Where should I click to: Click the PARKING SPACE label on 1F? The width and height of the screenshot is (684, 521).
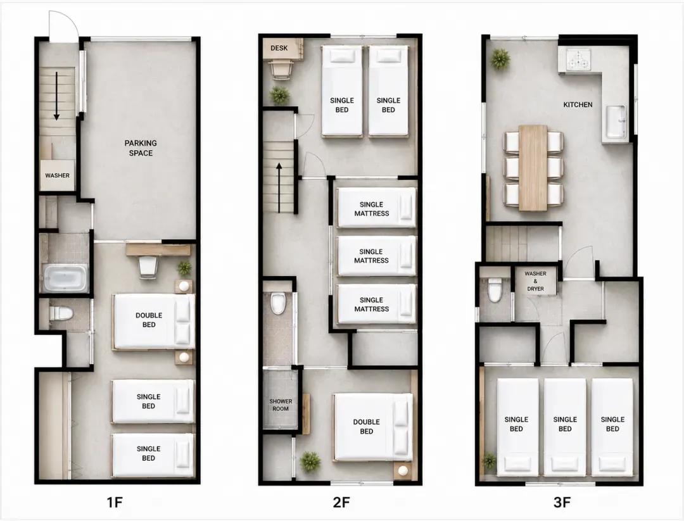(x=141, y=148)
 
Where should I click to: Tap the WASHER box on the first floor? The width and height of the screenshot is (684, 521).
(x=58, y=175)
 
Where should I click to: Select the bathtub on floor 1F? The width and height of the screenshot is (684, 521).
(x=65, y=278)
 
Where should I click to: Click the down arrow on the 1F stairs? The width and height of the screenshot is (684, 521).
(x=56, y=96)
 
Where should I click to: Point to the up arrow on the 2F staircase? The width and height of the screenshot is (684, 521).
(x=279, y=187)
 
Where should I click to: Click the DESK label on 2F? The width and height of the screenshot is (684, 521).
(x=279, y=48)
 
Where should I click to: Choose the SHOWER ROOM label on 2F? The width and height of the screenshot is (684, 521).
(x=281, y=405)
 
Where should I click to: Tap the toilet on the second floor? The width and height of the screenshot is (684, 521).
(x=278, y=303)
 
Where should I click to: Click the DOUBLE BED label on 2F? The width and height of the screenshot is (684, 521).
(x=367, y=427)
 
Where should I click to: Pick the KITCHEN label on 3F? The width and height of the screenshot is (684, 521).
(x=578, y=104)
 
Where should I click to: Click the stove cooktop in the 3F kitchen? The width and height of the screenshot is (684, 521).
(x=578, y=60)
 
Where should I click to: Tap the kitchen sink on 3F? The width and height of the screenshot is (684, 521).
(x=616, y=121)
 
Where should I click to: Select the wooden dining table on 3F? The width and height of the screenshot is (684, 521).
(x=533, y=168)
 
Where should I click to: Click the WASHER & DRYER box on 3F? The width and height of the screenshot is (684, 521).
(x=536, y=281)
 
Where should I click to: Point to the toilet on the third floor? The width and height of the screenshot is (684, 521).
(x=495, y=290)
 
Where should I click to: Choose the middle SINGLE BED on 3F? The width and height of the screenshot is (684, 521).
(x=565, y=427)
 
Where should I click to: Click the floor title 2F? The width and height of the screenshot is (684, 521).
(x=341, y=502)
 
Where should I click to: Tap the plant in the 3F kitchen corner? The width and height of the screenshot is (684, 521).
(x=500, y=59)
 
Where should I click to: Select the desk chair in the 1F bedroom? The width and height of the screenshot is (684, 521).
(x=148, y=267)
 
